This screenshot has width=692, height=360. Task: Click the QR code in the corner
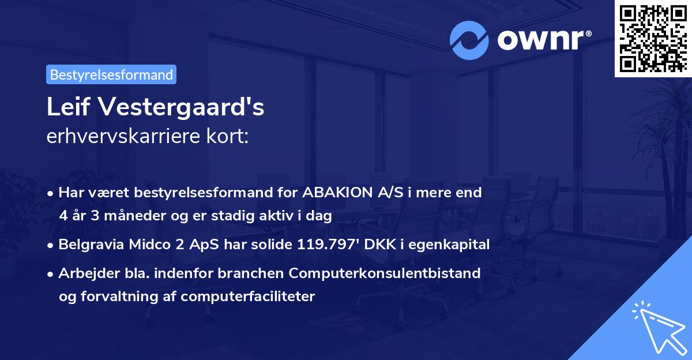[x=653, y=38]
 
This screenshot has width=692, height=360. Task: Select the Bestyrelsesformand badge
[x=111, y=74]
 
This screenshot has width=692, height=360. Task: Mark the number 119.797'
[x=325, y=245]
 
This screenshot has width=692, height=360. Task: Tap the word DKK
[x=375, y=245]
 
